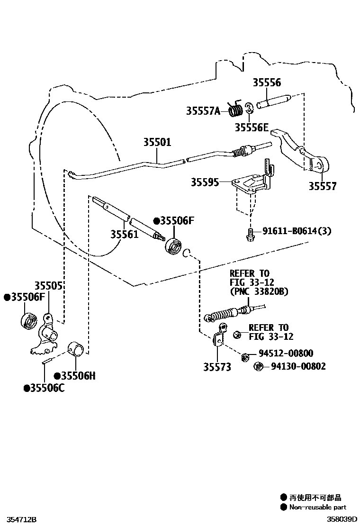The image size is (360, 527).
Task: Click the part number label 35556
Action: click(x=266, y=82)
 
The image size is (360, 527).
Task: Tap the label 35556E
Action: click(x=252, y=127)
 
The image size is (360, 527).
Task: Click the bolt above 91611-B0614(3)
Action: click(x=249, y=234)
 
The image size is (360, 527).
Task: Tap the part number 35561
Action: click(x=125, y=234)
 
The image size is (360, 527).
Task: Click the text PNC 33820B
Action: click(x=259, y=291)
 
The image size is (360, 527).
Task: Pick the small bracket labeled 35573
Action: click(x=219, y=337)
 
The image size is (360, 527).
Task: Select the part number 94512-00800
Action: click(x=286, y=354)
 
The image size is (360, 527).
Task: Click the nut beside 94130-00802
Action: click(x=259, y=366)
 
